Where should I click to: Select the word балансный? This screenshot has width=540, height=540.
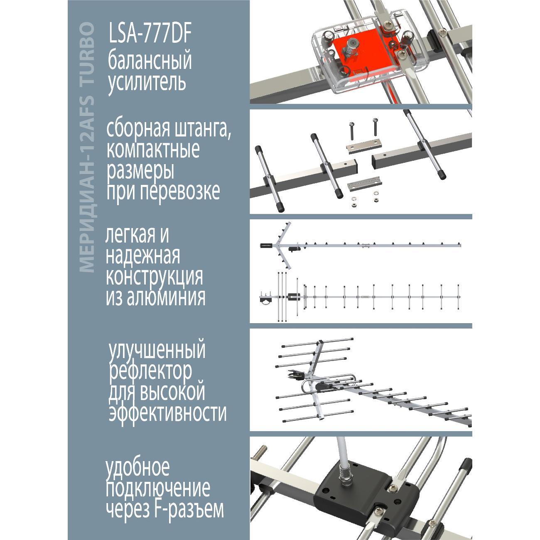(150, 61)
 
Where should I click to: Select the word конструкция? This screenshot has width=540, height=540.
(155, 277)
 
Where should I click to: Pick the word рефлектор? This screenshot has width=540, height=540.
(150, 371)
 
